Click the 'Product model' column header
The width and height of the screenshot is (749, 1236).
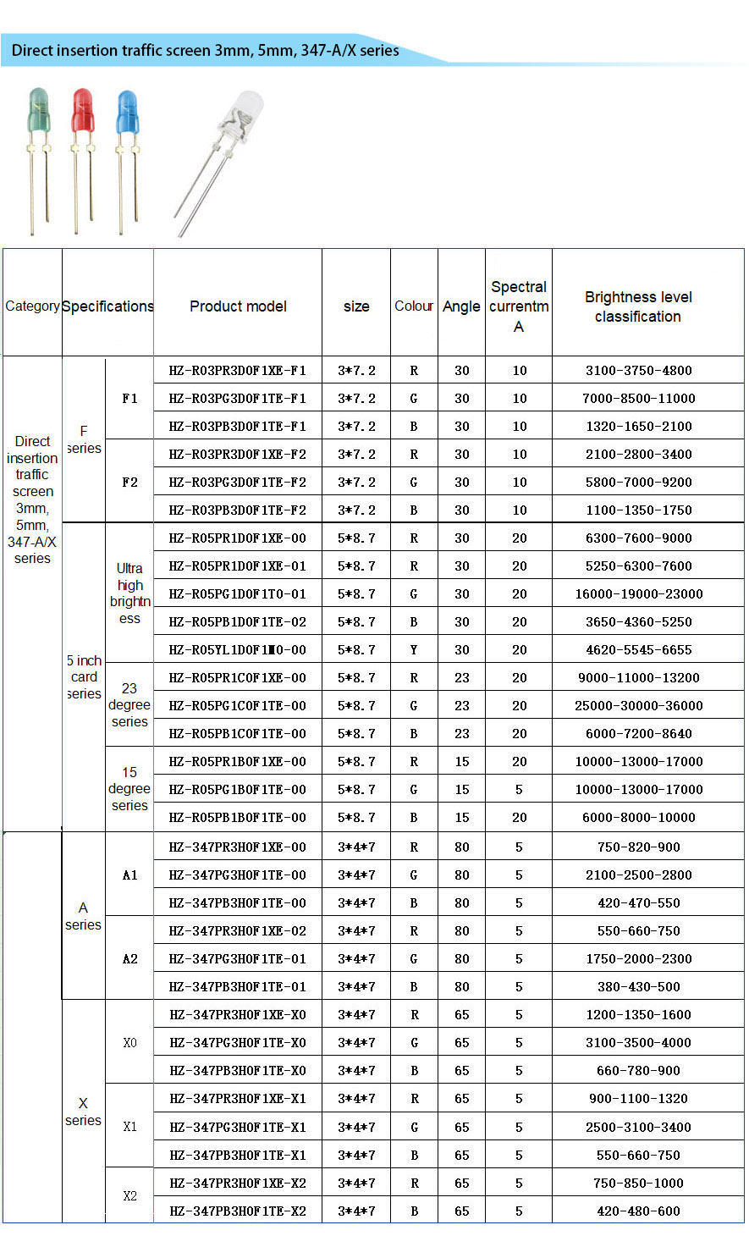point(238,306)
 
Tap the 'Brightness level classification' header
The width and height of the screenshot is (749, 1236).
point(638,306)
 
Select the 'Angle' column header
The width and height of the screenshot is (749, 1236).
point(461,306)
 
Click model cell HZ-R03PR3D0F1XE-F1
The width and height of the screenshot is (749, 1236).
point(238,371)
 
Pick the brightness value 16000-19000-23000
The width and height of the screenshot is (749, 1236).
point(639,594)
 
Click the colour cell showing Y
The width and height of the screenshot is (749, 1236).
point(414,650)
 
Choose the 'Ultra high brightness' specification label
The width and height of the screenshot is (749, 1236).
point(129,593)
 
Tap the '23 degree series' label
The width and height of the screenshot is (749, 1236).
point(129,705)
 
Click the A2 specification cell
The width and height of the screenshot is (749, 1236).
point(129,959)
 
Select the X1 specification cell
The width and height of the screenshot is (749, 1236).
point(129,1127)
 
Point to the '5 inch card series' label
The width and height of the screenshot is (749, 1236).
point(84,677)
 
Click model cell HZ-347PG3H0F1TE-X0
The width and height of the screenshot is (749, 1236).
point(238,1043)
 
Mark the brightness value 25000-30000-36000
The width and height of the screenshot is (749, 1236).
point(639,706)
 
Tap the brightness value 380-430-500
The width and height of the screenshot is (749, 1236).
point(639,987)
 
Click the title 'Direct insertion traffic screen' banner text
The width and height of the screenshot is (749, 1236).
point(206,51)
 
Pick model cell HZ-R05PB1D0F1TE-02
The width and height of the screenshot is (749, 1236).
point(238,622)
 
